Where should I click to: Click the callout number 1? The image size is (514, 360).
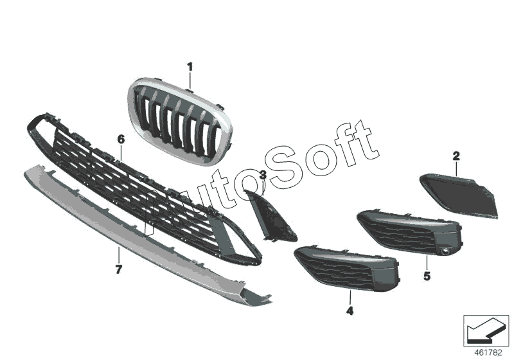(x=190, y=66)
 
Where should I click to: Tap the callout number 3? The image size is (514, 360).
(x=263, y=175)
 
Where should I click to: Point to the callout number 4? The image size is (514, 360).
(x=350, y=312)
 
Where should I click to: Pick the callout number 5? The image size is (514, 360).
(x=427, y=276)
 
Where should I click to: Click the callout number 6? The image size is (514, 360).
(x=120, y=139)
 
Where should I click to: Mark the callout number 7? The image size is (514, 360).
(x=118, y=269)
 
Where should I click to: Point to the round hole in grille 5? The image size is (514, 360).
(x=444, y=250)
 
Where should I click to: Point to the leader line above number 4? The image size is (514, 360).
(x=350, y=296)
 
